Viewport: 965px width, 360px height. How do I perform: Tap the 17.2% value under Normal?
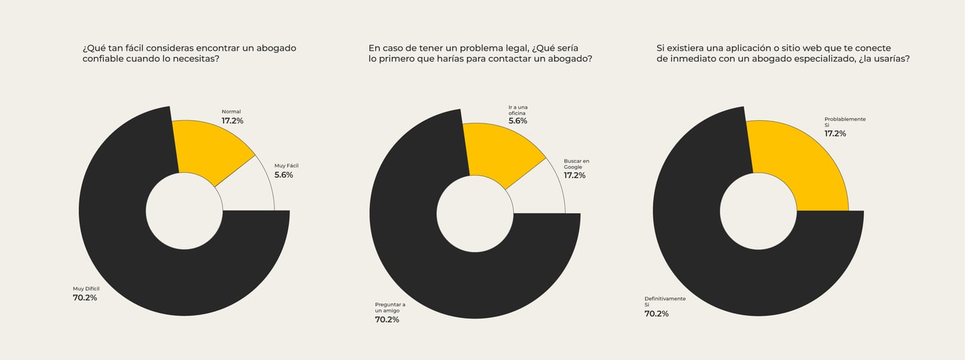pyautogui.click(x=233, y=121)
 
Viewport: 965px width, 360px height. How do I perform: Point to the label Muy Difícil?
pyautogui.click(x=86, y=289)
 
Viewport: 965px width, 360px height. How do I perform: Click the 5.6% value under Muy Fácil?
pyautogui.click(x=283, y=175)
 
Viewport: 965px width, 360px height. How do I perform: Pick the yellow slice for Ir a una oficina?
pyautogui.click(x=499, y=151)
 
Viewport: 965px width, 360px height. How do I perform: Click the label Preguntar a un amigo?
pyautogui.click(x=390, y=308)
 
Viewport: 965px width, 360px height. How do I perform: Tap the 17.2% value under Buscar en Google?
pyautogui.click(x=574, y=176)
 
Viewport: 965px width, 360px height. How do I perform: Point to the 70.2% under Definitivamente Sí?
pyautogui.click(x=656, y=314)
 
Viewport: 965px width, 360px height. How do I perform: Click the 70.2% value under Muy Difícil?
pyautogui.click(x=84, y=298)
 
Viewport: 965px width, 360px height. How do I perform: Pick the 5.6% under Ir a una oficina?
pyautogui.click(x=517, y=121)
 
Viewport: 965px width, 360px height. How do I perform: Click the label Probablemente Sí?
pyautogui.click(x=844, y=122)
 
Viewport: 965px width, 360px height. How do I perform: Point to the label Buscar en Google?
pyautogui.click(x=576, y=164)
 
